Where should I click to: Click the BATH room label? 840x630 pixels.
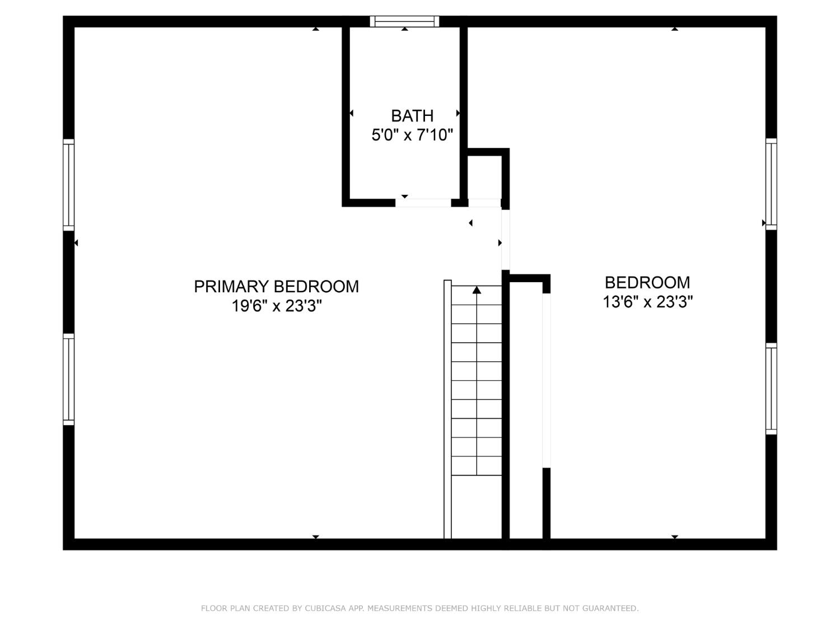[412, 116]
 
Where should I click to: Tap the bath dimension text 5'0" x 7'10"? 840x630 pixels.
[412, 135]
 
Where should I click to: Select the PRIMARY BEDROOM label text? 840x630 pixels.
[276, 287]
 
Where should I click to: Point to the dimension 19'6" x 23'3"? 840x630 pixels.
[277, 306]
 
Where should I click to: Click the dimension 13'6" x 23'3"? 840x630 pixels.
[647, 302]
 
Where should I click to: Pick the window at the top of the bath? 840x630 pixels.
[404, 21]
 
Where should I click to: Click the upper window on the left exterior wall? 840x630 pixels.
[68, 184]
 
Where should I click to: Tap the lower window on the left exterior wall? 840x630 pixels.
[68, 379]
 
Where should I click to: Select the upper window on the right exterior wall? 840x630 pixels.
[771, 184]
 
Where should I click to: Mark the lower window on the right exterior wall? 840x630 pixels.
[771, 389]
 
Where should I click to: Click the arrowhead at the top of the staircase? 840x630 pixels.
[477, 290]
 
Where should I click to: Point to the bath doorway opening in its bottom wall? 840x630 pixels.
[423, 203]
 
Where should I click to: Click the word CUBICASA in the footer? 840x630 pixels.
[327, 608]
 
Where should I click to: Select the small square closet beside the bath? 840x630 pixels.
[484, 177]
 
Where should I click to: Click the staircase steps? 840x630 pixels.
[477, 381]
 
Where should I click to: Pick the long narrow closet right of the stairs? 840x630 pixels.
[526, 409]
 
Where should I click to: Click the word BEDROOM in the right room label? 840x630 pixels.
[647, 282]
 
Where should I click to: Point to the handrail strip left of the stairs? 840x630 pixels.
[447, 409]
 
